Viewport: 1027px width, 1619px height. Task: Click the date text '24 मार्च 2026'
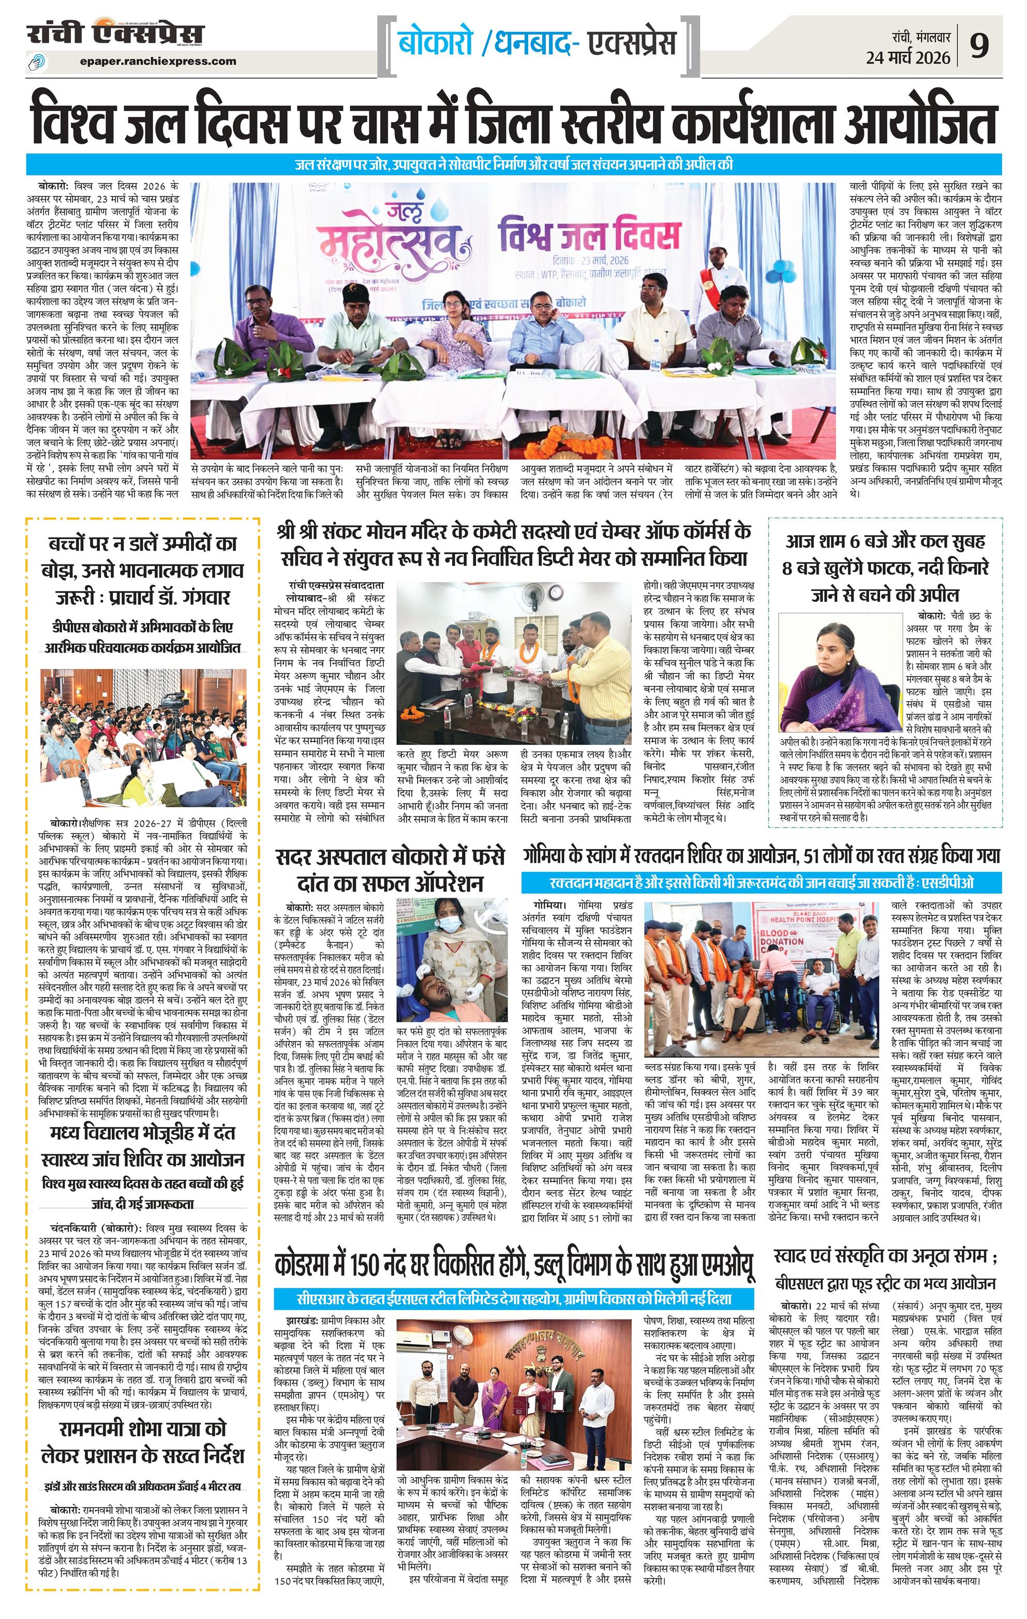tap(908, 58)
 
